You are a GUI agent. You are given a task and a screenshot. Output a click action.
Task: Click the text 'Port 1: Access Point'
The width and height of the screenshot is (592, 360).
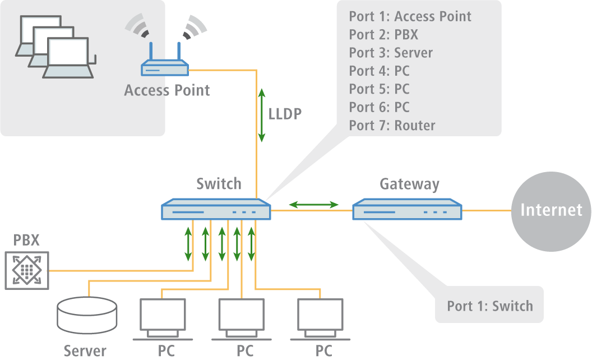(x=410, y=16)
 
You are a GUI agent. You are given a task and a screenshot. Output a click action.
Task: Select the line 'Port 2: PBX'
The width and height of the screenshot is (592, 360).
(x=383, y=35)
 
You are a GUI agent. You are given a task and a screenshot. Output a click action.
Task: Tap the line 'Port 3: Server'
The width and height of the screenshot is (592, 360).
(x=391, y=53)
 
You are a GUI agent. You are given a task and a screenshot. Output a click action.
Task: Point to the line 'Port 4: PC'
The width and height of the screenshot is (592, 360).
(x=379, y=71)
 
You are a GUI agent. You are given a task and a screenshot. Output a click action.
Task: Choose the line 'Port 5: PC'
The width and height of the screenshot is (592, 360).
(x=379, y=89)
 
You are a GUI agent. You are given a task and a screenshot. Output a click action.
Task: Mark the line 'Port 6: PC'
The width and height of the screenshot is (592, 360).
(x=379, y=107)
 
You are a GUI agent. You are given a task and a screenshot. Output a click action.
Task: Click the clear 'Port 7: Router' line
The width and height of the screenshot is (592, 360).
(x=392, y=125)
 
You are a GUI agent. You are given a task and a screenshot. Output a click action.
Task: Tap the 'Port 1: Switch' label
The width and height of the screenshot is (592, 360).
(x=489, y=306)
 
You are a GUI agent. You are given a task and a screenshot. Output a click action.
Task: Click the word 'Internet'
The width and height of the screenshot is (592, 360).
(x=551, y=210)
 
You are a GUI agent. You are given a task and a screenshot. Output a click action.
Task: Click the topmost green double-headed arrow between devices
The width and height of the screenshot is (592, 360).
(x=313, y=205)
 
